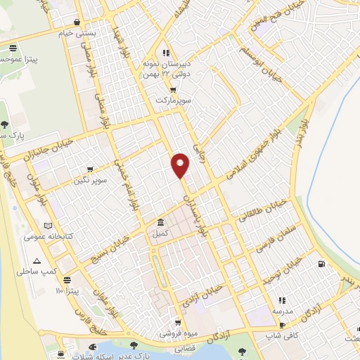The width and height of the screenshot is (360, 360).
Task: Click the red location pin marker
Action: pos(181,165)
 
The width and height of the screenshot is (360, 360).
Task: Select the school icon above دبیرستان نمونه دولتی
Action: pos(166,53)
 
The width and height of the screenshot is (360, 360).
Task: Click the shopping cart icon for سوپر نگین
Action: pos(90,169)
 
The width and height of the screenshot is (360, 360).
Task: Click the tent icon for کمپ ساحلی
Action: pos(46,260)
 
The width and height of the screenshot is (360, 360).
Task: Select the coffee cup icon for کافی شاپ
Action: pos(283,326)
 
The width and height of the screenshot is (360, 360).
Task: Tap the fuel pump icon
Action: pos(321,264)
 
